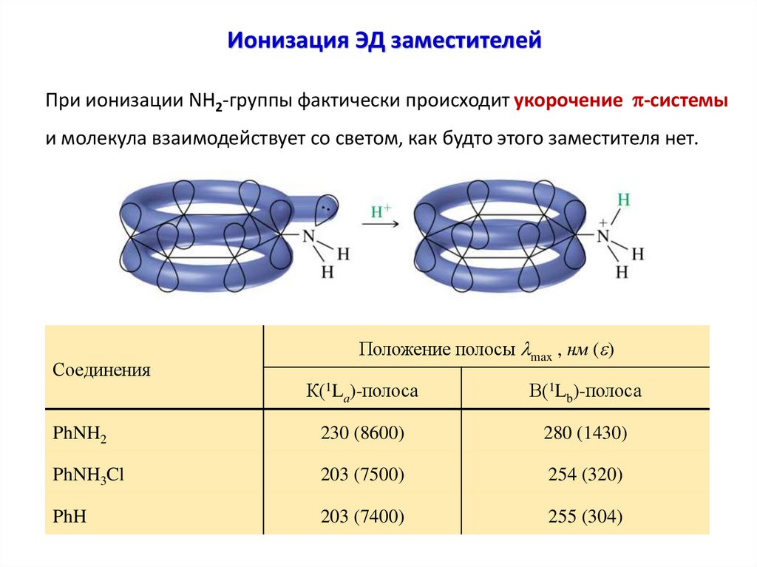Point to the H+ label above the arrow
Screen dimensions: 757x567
pyautogui.click(x=381, y=211)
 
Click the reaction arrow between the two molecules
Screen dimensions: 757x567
pyautogui.click(x=380, y=225)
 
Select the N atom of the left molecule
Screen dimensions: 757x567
pyautogui.click(x=311, y=237)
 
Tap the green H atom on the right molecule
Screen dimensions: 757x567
pyautogui.click(x=623, y=200)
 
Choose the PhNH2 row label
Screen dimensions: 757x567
pyautogui.click(x=80, y=433)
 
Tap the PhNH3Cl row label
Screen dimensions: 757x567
pyautogui.click(x=88, y=475)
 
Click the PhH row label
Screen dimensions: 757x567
pyautogui.click(x=70, y=515)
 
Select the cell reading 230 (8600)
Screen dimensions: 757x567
pyautogui.click(x=362, y=432)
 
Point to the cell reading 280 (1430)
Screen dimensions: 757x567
pyautogui.click(x=585, y=432)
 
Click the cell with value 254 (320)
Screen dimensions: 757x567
pyautogui.click(x=585, y=475)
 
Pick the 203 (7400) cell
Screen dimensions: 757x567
pyautogui.click(x=362, y=515)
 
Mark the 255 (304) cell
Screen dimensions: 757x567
pyautogui.click(x=585, y=515)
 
